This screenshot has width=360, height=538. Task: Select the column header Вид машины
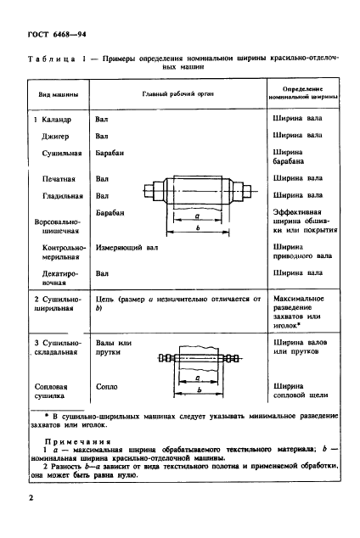(x=48, y=96)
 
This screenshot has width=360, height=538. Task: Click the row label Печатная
(x=59, y=179)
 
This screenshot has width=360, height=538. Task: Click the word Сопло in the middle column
(x=105, y=386)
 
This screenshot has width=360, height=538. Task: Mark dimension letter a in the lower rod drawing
(x=197, y=378)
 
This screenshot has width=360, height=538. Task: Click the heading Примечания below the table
(x=77, y=442)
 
